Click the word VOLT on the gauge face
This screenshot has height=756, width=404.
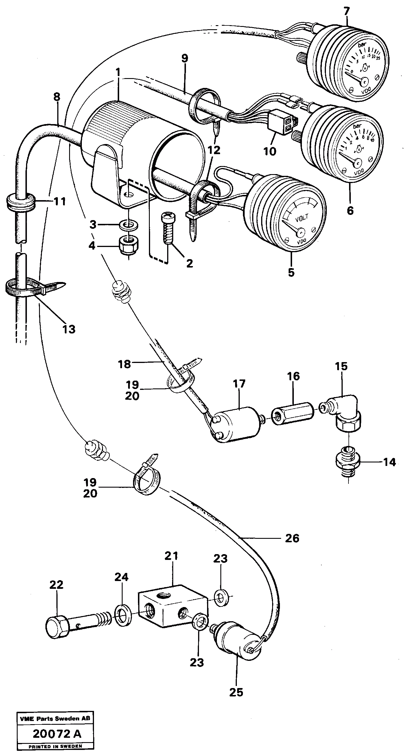pos(302,219)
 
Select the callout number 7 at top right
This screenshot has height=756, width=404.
pos(346,12)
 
